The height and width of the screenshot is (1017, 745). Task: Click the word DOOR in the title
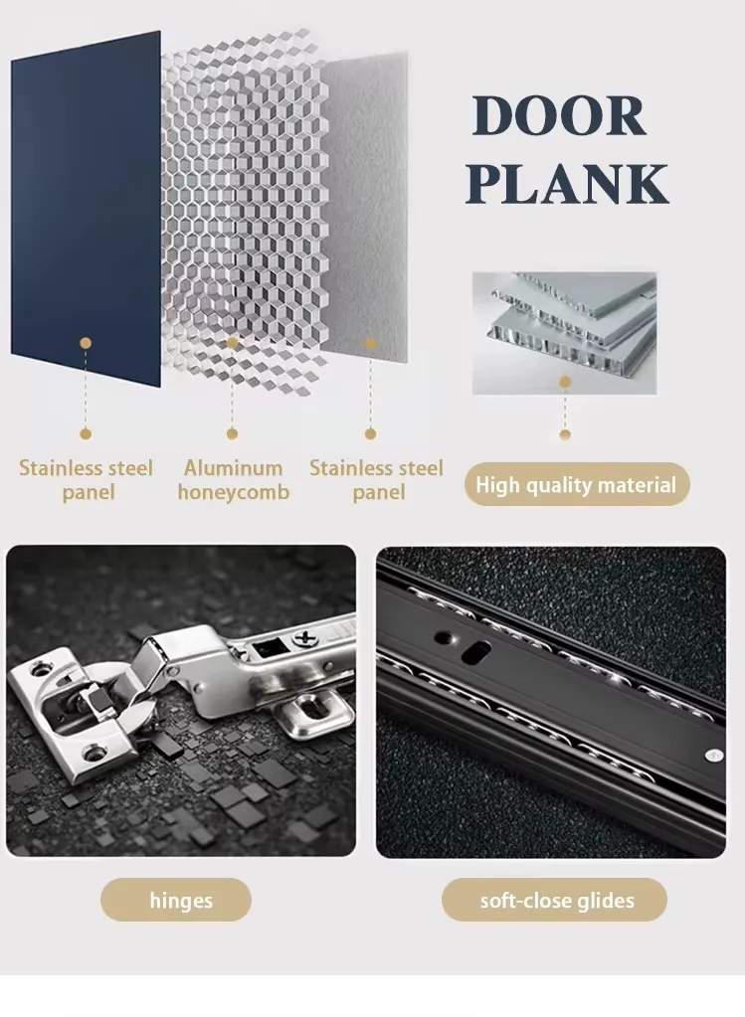(x=559, y=117)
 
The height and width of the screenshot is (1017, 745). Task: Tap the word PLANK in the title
(x=567, y=184)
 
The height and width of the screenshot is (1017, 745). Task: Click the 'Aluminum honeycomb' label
(x=233, y=480)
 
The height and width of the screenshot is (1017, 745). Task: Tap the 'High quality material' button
(x=576, y=485)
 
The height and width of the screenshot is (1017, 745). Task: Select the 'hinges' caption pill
(x=181, y=901)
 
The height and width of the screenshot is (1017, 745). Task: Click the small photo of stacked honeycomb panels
(x=564, y=332)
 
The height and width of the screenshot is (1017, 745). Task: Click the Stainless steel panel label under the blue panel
(x=86, y=480)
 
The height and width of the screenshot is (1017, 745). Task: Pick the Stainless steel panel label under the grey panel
(x=376, y=480)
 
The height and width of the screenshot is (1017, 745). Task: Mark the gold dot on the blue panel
(x=86, y=343)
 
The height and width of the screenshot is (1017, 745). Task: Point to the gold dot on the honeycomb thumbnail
(x=565, y=382)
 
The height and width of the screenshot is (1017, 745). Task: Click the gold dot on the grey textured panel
(x=370, y=343)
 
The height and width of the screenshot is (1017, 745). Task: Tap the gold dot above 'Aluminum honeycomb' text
(x=232, y=433)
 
